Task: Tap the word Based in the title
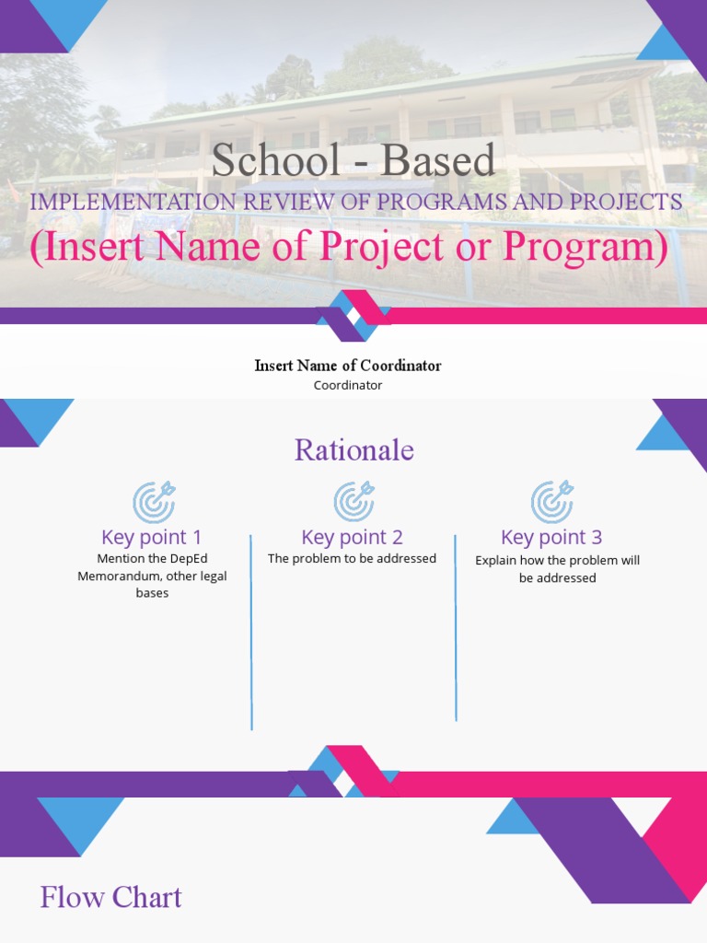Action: (438, 160)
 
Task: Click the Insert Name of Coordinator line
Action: (348, 366)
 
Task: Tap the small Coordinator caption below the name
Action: (348, 386)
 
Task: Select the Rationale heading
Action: (354, 450)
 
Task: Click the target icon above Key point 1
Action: (154, 502)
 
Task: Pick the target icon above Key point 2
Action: (353, 502)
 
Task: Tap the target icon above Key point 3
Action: (552, 502)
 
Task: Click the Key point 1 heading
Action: (152, 537)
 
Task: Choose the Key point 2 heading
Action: (352, 537)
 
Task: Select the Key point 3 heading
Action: (551, 537)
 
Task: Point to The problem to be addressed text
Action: (352, 559)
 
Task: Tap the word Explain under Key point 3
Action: (498, 561)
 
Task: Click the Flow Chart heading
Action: (110, 898)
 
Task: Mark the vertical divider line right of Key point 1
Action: (251, 632)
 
